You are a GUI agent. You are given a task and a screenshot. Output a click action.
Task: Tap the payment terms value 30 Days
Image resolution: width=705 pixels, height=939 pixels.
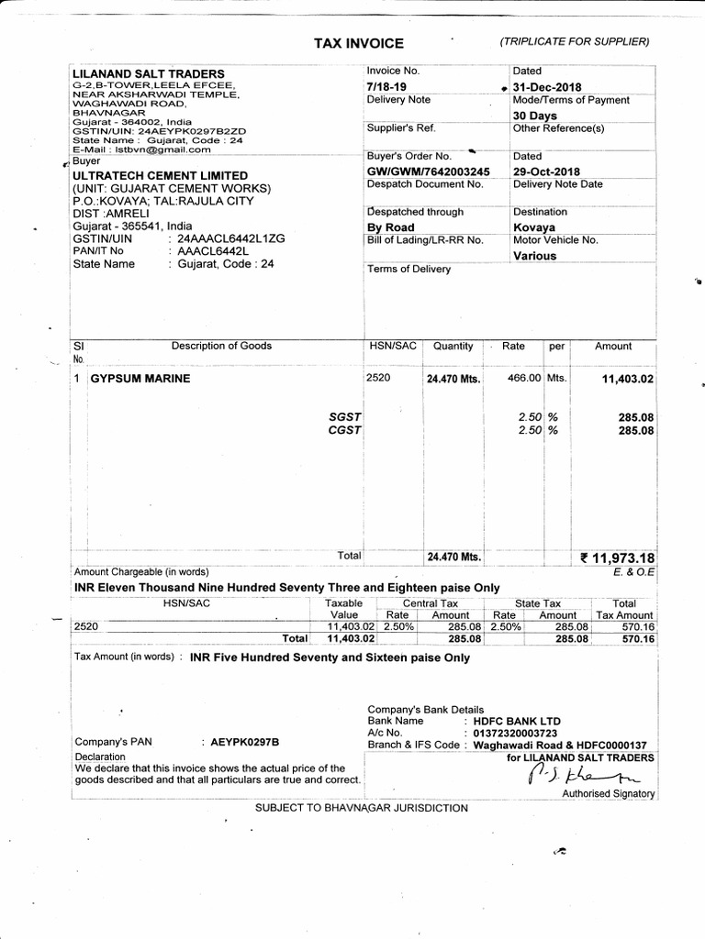pyautogui.click(x=535, y=116)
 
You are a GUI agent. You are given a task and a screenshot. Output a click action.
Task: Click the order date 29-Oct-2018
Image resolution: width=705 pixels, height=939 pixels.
pyautogui.click(x=548, y=171)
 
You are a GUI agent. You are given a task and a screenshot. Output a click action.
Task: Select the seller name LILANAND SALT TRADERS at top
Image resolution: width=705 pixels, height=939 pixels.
pyautogui.click(x=148, y=73)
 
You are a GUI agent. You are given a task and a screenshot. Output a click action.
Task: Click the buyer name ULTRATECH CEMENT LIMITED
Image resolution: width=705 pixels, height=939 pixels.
pyautogui.click(x=160, y=175)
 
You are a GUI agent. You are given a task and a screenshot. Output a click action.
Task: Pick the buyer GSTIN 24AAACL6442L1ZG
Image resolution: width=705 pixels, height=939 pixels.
pyautogui.click(x=226, y=238)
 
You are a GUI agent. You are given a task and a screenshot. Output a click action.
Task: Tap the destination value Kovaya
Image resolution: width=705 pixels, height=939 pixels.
pyautogui.click(x=534, y=226)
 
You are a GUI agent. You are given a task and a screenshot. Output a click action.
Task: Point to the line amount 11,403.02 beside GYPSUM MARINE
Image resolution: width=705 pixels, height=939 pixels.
pyautogui.click(x=627, y=379)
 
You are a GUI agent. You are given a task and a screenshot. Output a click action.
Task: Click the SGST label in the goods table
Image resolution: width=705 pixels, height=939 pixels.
pyautogui.click(x=344, y=416)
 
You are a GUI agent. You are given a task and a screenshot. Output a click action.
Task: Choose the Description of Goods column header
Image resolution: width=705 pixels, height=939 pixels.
pyautogui.click(x=221, y=346)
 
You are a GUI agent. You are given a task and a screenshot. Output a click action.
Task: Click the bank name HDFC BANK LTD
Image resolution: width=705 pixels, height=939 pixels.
pyautogui.click(x=516, y=721)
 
